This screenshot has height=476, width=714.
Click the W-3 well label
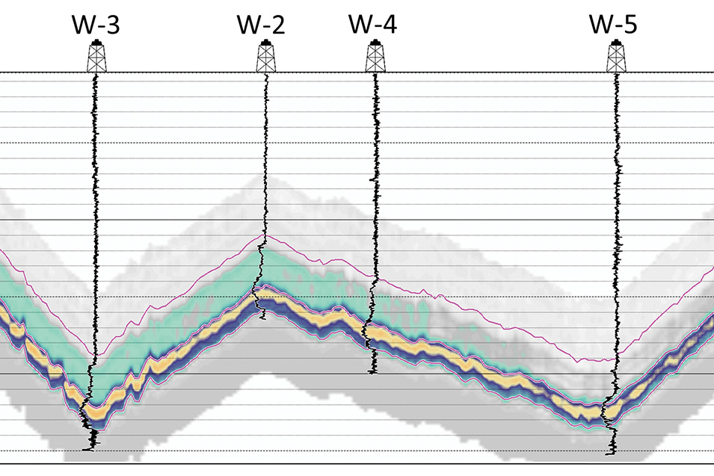click(95, 25)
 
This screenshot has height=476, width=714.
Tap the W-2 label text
click(261, 25)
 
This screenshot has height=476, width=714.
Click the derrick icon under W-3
click(95, 58)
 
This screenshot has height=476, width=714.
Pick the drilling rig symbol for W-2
click(265, 58)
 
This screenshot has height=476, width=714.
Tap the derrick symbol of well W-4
click(374, 58)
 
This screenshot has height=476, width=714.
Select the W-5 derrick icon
click(617, 57)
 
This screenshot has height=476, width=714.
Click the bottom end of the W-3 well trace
click(90, 450)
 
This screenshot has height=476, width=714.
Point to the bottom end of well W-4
click(373, 372)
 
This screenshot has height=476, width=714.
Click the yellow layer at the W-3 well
click(92, 412)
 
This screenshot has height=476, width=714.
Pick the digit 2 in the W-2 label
click(277, 25)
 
